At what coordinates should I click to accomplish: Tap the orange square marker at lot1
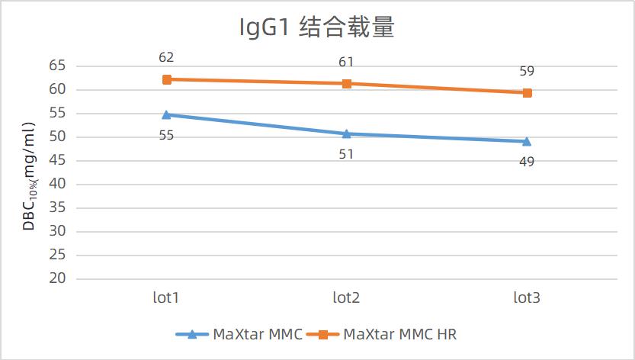(166, 79)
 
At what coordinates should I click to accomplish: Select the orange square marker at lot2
(346, 83)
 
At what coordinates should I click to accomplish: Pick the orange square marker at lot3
(527, 93)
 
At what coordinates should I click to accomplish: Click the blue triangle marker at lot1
(166, 114)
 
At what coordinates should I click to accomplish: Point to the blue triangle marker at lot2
(346, 133)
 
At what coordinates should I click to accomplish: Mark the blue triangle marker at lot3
(527, 141)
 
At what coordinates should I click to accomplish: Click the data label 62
(166, 57)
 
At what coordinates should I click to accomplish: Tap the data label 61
(346, 62)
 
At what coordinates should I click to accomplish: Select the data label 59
(527, 72)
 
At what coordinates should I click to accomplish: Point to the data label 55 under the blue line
(166, 136)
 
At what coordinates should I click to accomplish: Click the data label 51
(346, 154)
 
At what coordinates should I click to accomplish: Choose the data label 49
(527, 162)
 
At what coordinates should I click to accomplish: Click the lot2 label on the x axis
(346, 297)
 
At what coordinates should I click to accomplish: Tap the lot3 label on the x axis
(527, 297)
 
